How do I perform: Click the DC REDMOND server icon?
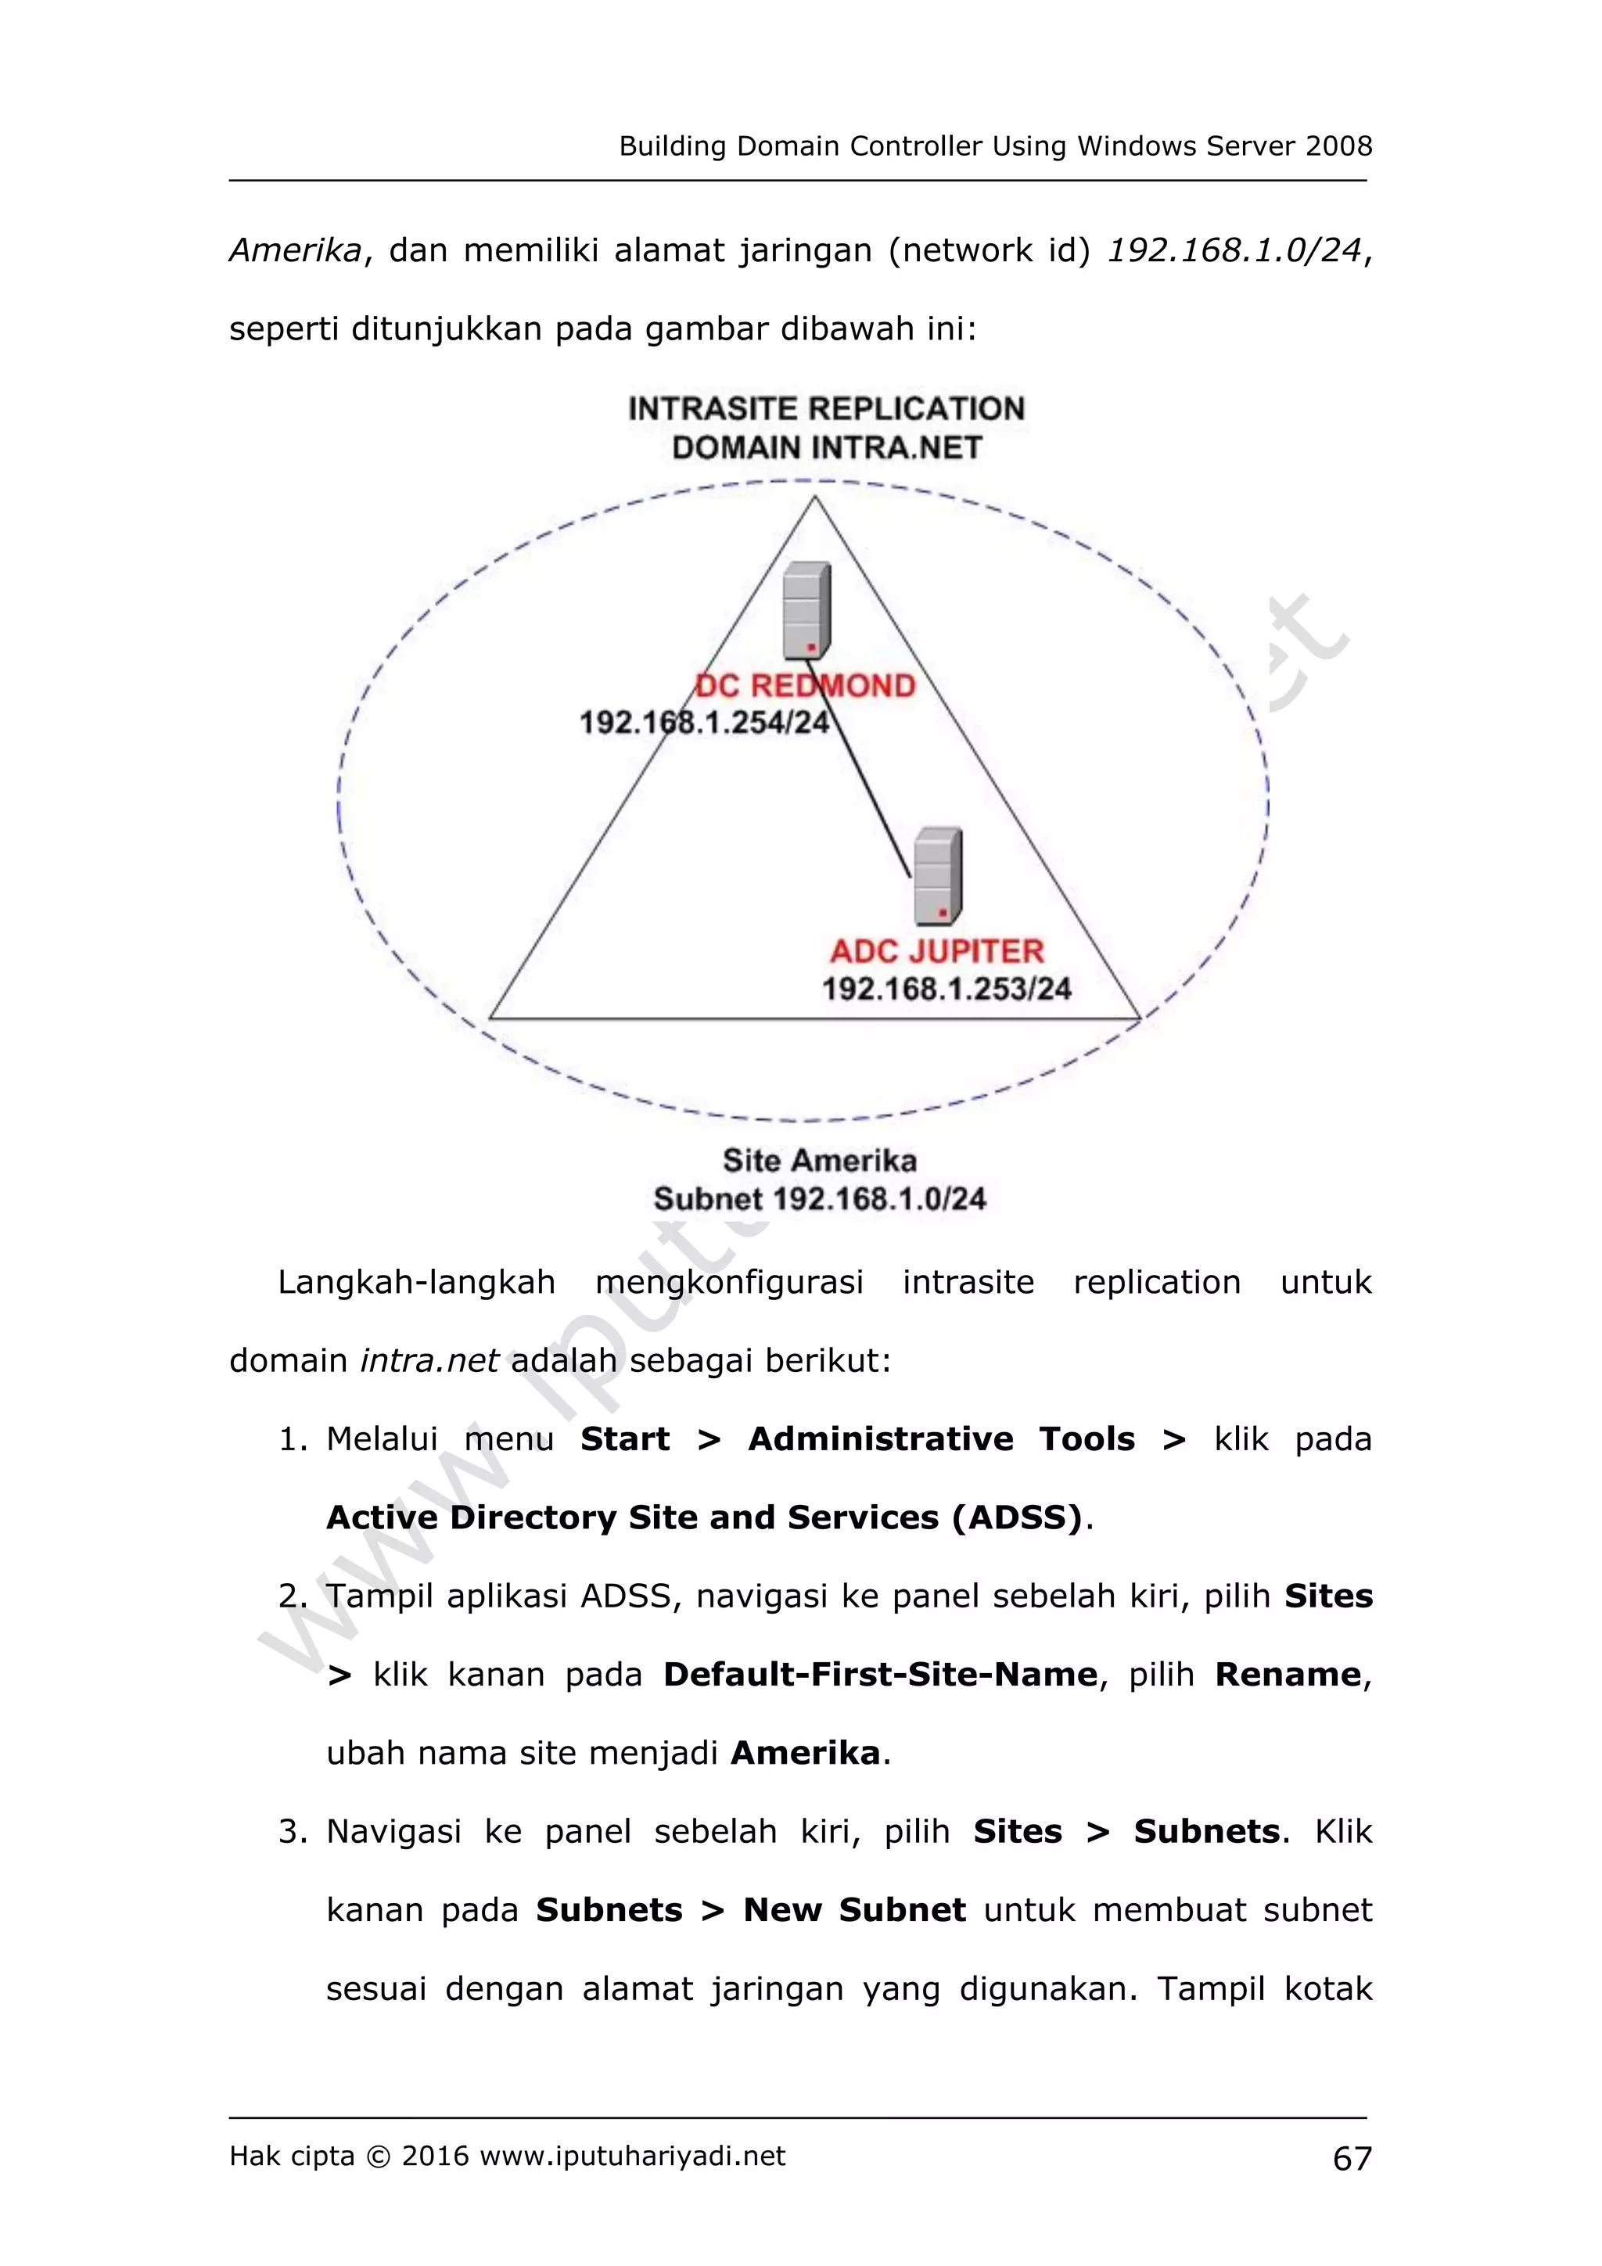point(806,610)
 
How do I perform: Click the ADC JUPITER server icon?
point(938,875)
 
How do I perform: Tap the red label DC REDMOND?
point(806,685)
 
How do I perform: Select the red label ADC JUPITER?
point(937,950)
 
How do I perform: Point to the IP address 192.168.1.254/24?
point(704,723)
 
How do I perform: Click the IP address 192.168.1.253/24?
point(946,988)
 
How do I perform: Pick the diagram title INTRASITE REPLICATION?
point(826,408)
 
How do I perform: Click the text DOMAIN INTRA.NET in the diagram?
point(826,448)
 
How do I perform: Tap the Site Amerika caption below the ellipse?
point(819,1160)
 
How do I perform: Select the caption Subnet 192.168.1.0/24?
point(819,1199)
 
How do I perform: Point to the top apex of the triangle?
point(814,497)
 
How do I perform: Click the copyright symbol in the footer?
point(378,2156)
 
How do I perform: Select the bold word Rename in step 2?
point(1287,1675)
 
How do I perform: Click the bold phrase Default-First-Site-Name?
point(879,1675)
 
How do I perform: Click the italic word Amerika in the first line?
point(295,250)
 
